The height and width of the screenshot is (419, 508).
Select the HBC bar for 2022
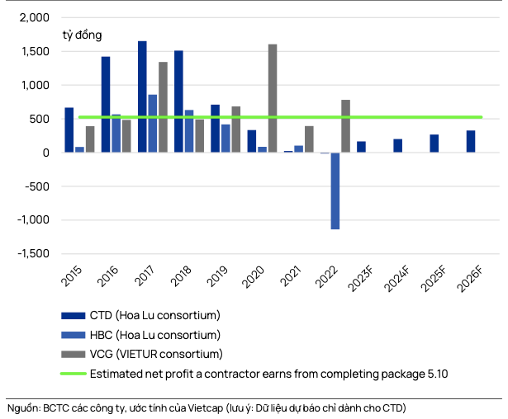[335, 191]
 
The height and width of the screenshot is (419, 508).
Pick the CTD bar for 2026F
[471, 141]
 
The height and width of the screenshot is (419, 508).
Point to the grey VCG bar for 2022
[345, 126]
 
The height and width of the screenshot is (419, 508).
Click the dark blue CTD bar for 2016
[106, 104]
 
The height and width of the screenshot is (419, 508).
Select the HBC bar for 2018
[189, 131]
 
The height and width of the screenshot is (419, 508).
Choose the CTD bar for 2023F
[361, 147]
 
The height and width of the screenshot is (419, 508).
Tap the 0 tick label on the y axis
[45, 153]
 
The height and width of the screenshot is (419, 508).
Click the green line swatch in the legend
[72, 374]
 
